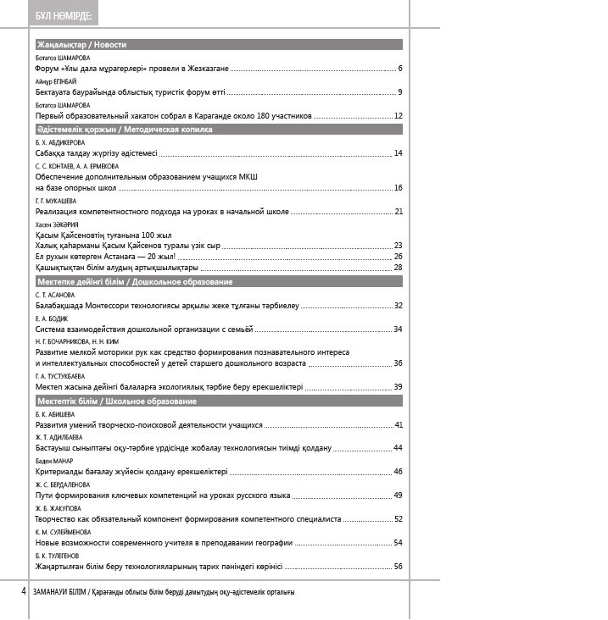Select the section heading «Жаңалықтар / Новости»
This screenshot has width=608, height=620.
tap(81, 44)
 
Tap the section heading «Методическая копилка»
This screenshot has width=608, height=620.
tap(168, 130)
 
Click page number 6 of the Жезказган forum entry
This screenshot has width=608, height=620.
tap(399, 68)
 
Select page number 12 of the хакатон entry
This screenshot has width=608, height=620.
tap(398, 115)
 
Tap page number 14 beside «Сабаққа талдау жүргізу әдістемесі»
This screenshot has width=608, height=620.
tap(398, 153)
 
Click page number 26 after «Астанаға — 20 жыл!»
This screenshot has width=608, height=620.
tap(398, 256)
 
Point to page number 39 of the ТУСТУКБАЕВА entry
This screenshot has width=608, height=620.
tap(398, 386)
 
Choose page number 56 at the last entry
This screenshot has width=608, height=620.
tap(398, 566)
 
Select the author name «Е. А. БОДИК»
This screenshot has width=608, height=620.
tap(48, 318)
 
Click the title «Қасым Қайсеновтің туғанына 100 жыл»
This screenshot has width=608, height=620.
tap(103, 235)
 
